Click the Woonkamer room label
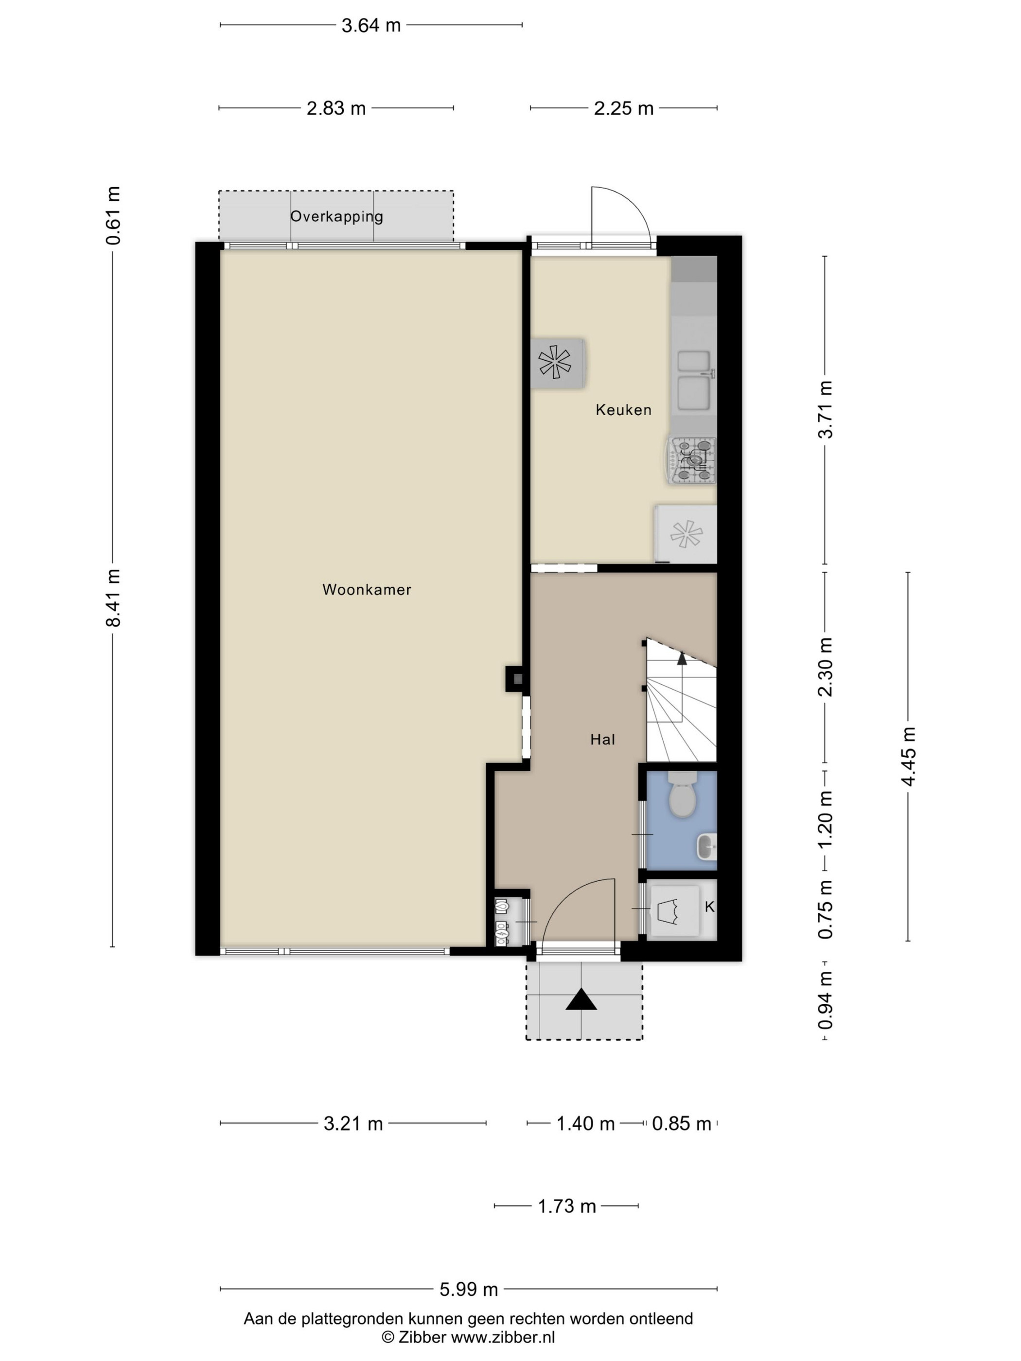pos(367,590)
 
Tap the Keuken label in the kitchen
pos(623,410)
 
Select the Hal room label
pos(602,740)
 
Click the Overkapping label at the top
pos(336,217)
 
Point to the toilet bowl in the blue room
pos(682,795)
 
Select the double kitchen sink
pos(695,381)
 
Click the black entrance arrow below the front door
pos(581,1000)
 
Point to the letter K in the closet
pos(709,907)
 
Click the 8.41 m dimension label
pos(113,597)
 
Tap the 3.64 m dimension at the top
pos(371,25)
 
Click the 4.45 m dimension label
pos(908,756)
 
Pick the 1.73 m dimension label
pos(567,1206)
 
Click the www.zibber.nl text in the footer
pos(503,1338)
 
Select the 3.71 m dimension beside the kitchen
pos(825,409)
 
